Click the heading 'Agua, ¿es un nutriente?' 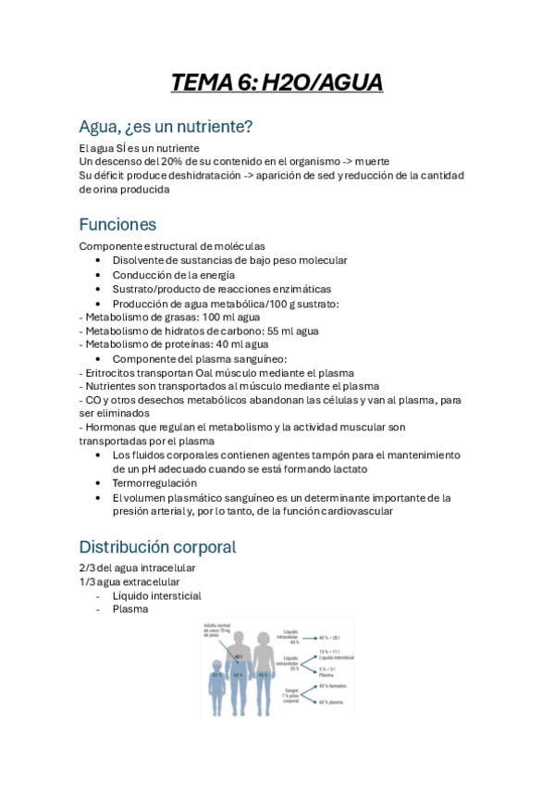(x=166, y=126)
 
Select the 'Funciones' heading (x=117, y=224)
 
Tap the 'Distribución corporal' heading (x=157, y=546)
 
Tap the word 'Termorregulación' (x=154, y=483)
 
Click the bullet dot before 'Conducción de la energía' (x=99, y=275)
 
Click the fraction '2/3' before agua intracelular (x=87, y=567)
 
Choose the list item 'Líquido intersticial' (x=156, y=595)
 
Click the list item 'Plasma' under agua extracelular (x=130, y=609)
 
